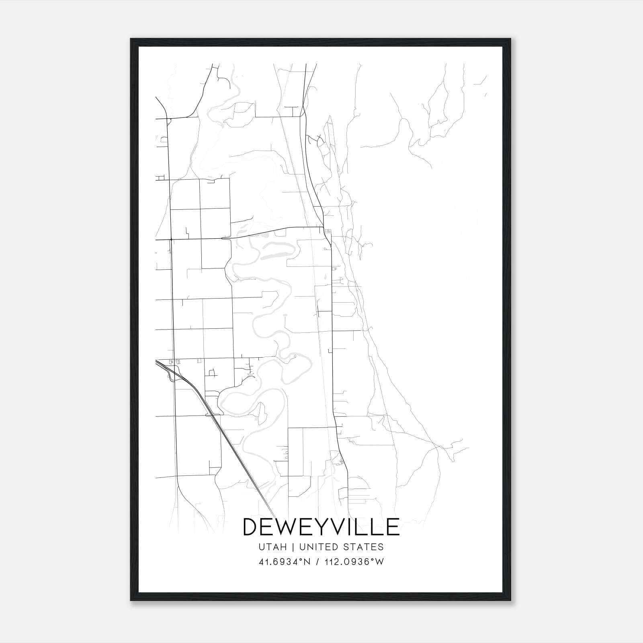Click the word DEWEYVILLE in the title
coord(321,527)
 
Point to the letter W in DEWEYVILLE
coord(291,527)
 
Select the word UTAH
coord(273,547)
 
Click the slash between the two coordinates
coord(317,562)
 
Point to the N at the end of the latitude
coord(307,562)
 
